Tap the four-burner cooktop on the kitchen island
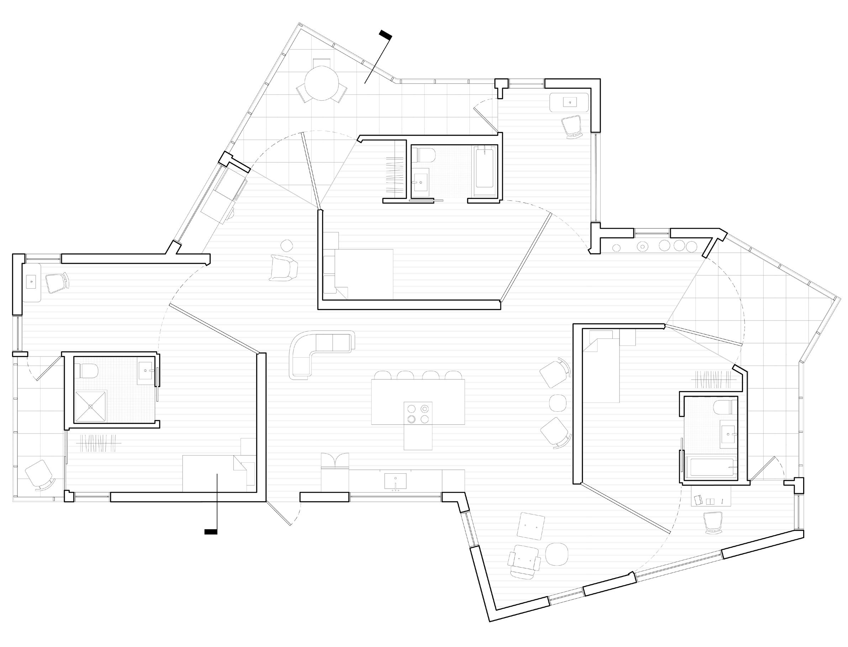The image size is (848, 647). pyautogui.click(x=418, y=413)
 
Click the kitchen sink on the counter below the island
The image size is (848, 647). pyautogui.click(x=395, y=481)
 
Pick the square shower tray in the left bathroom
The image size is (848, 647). pyautogui.click(x=90, y=407)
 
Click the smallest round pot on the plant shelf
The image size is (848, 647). pyautogui.click(x=616, y=248)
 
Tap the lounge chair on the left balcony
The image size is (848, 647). pyautogui.click(x=39, y=474)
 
